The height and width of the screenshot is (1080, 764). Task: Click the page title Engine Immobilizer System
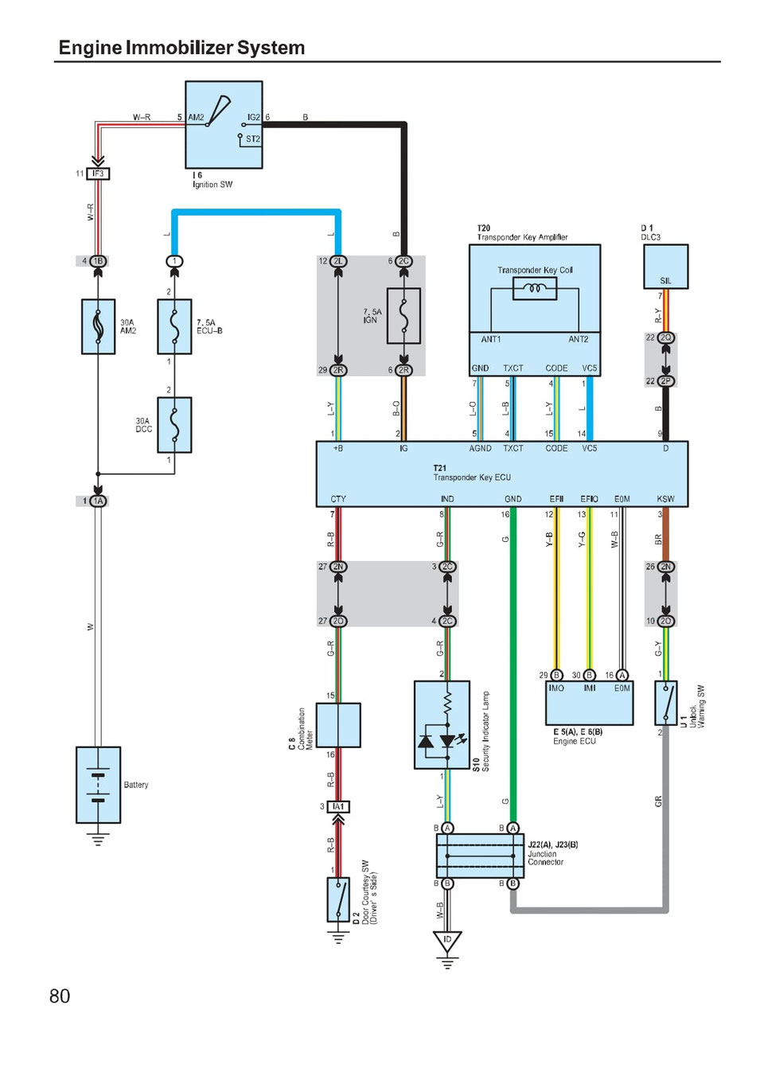[181, 48]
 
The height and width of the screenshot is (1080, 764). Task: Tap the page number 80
[60, 996]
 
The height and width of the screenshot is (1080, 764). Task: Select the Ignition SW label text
[212, 185]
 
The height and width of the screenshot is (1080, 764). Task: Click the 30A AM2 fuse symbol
[98, 326]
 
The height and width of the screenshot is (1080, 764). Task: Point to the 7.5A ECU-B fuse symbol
[174, 326]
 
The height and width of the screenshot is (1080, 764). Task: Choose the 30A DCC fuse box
[174, 424]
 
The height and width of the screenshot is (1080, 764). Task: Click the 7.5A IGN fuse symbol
[403, 316]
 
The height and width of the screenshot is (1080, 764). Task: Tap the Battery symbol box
[98, 785]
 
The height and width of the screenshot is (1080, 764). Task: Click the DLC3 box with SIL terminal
[665, 267]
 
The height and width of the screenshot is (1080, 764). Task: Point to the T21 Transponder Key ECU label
[471, 474]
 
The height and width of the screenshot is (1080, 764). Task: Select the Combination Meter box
[338, 725]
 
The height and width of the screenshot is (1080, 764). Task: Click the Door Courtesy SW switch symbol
[338, 899]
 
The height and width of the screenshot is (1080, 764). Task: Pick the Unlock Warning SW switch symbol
[665, 703]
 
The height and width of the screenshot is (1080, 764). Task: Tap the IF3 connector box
[98, 174]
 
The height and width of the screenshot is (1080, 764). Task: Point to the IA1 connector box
[338, 806]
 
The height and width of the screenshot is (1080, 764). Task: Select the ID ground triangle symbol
[447, 942]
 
